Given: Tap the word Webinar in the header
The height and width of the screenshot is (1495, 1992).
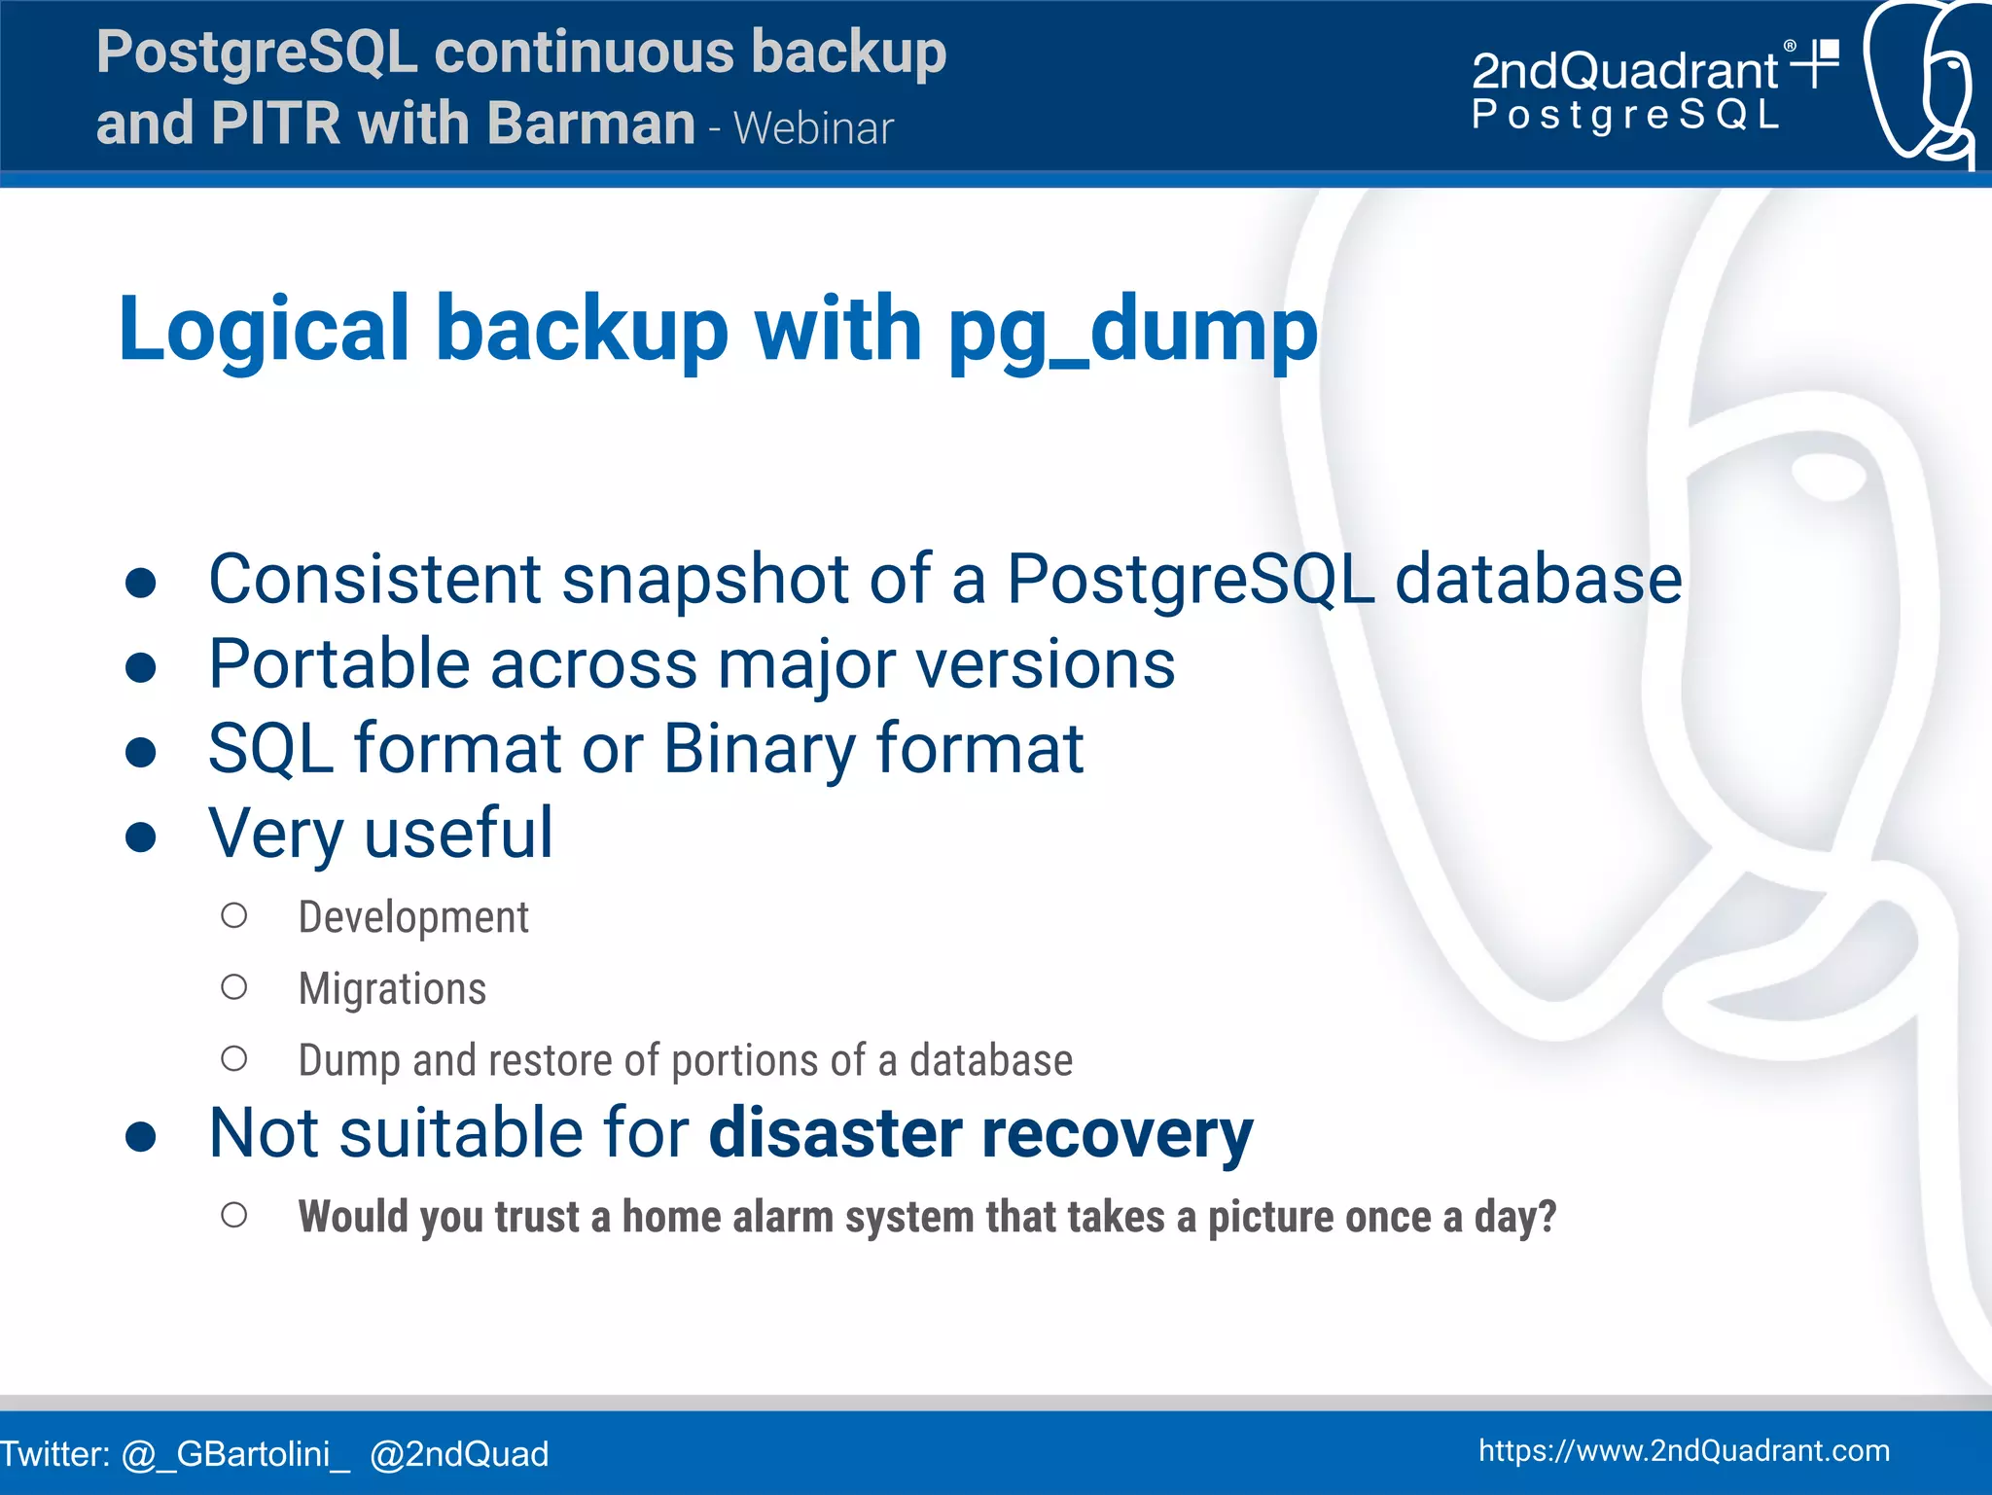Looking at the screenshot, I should [x=813, y=128].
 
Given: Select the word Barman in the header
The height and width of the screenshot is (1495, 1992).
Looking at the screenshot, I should [x=590, y=124].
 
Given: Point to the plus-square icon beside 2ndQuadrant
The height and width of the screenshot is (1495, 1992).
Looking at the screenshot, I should [x=1816, y=63].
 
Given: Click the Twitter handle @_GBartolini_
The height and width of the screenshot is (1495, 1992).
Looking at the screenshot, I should [x=234, y=1454].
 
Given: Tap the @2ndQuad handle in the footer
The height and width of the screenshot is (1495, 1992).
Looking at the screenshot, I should [x=459, y=1454].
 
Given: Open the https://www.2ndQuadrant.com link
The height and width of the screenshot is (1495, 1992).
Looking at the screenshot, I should [x=1684, y=1450].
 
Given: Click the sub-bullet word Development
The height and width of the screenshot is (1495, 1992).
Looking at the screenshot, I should [x=413, y=917].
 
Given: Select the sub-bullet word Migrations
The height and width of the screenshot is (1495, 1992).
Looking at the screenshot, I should [x=392, y=988].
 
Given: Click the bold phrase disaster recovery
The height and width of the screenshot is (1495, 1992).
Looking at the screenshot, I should [x=980, y=1133].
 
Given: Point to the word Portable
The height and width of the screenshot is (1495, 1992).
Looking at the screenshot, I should [x=339, y=664].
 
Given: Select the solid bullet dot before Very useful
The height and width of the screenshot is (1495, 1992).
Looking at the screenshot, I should [x=141, y=836].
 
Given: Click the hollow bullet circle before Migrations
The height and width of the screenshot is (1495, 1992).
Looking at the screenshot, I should [x=233, y=987].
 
